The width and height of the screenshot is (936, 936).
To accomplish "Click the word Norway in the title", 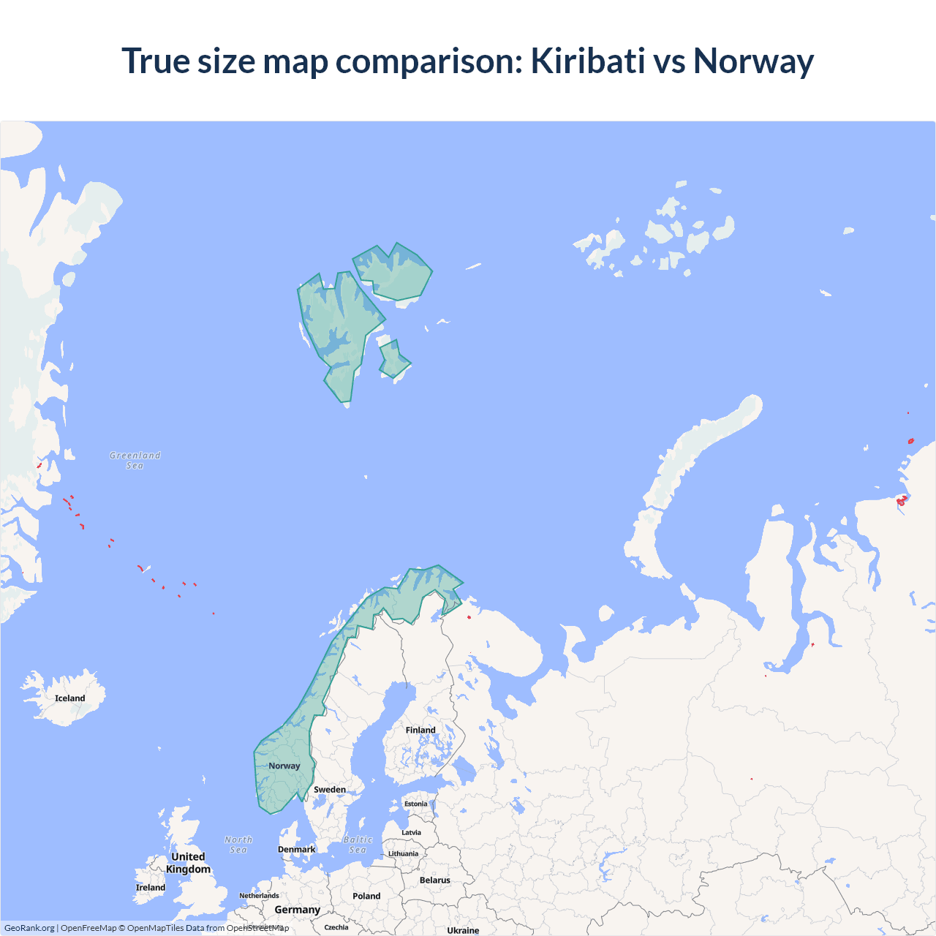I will coord(753,61).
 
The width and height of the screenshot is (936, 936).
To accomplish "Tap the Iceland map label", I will coord(70,698).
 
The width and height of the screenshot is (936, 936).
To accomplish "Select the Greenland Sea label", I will coord(135,460).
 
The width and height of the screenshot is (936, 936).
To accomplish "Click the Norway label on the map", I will coord(284,766).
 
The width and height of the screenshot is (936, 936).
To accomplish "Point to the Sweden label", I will coord(330,790).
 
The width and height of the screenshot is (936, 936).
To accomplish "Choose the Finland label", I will coord(420,730).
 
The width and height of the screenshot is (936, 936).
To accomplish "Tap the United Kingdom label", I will coord(188,863).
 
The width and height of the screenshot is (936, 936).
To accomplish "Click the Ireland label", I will coord(151,888).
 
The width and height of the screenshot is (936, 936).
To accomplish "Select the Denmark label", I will coord(296,849).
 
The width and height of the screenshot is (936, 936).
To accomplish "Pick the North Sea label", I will coord(238,845).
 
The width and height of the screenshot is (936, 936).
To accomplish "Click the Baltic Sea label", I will coord(358,845).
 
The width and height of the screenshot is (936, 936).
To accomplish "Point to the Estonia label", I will coord(416,804).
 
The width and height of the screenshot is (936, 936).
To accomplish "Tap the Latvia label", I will coord(412,832).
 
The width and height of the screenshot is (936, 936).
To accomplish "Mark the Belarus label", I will coord(435,880).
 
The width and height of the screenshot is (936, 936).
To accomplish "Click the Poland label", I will coord(366,896).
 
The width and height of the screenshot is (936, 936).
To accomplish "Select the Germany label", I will coord(298,910).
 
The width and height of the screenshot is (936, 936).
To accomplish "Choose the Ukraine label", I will coord(463,930).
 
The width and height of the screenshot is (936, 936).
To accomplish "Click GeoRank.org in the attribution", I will coord(29,928).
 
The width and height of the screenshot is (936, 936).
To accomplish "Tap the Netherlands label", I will coord(259,896).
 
